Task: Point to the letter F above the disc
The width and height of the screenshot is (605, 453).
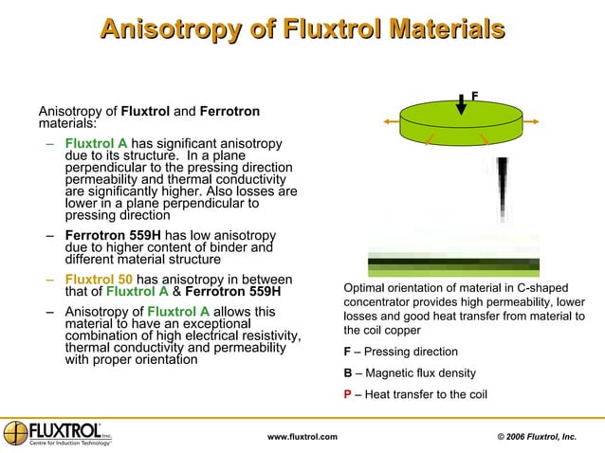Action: pyautogui.click(x=474, y=95)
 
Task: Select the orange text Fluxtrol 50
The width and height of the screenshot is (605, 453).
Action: pyautogui.click(x=99, y=280)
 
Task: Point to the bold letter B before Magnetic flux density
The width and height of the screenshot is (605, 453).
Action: pyautogui.click(x=348, y=372)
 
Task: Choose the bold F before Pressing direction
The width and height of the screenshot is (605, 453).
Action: pyautogui.click(x=347, y=352)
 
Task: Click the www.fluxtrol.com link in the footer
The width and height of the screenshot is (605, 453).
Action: pyautogui.click(x=302, y=436)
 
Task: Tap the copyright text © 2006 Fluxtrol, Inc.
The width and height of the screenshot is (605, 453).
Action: pyautogui.click(x=537, y=436)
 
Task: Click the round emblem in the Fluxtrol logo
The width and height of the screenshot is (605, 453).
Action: pyautogui.click(x=15, y=431)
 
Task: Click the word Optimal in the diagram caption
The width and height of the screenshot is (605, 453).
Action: pyautogui.click(x=363, y=287)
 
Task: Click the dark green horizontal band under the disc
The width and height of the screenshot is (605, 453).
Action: pyautogui.click(x=453, y=263)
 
